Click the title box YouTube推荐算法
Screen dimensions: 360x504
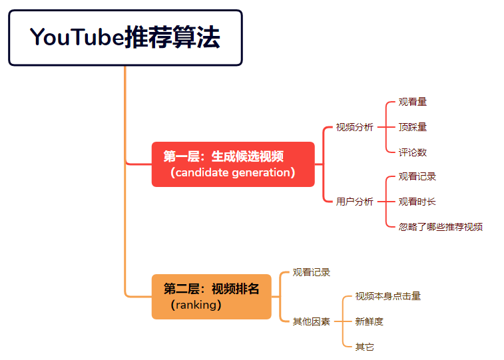pos(125,38)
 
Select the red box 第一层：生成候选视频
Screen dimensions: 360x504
pos(233,164)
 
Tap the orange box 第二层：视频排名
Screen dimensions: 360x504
pos(211,297)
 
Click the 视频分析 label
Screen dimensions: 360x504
pos(354,127)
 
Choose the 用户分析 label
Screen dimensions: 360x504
pos(354,202)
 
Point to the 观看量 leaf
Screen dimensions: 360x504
pos(413,102)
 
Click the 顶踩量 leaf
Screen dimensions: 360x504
pos(413,127)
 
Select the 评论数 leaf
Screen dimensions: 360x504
pos(413,152)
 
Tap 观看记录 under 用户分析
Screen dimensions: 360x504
pos(417,176)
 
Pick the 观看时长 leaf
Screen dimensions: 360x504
pos(417,202)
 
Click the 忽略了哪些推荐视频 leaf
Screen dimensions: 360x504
pos(441,227)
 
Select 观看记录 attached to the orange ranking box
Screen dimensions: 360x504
pos(312,272)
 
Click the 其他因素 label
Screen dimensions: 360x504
pos(312,321)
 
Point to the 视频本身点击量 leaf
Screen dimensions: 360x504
pos(388,296)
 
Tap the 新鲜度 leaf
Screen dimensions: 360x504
pos(370,321)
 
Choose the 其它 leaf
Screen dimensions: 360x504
pos(365,347)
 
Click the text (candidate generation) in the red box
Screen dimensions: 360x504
pos(232,173)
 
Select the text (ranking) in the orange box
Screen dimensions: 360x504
pos(196,305)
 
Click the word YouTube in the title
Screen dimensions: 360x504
pos(77,38)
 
